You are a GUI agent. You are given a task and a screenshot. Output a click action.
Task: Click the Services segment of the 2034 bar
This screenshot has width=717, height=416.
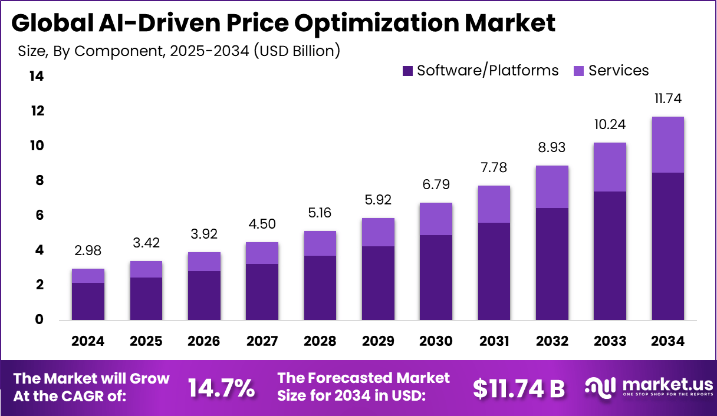tap(668, 144)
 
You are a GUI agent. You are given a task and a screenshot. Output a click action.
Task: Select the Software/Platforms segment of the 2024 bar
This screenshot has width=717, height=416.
tap(88, 301)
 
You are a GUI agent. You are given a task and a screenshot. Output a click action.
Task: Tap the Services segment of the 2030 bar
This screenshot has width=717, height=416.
tap(436, 219)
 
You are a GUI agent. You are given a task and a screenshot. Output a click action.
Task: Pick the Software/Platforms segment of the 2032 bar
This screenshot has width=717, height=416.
tap(552, 264)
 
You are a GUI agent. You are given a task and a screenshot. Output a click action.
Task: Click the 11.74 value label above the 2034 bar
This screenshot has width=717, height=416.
tap(668, 98)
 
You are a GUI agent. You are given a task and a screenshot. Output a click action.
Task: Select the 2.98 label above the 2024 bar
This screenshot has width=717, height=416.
tap(88, 250)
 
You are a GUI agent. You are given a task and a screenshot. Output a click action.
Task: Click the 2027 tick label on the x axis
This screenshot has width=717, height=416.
tap(262, 341)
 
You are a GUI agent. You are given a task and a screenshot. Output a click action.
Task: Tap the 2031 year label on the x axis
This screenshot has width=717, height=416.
tap(494, 341)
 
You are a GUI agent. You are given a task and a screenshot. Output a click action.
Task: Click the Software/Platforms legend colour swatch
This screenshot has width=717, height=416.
tap(407, 71)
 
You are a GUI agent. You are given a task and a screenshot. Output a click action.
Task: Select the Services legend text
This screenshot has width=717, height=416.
tap(619, 71)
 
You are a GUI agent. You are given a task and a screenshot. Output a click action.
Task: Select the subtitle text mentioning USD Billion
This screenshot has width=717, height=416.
tap(179, 51)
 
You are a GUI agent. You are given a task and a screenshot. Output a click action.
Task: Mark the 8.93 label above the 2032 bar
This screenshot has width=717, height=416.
tap(552, 147)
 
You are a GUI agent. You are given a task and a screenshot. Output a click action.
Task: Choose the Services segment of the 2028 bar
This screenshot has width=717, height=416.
tap(320, 243)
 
